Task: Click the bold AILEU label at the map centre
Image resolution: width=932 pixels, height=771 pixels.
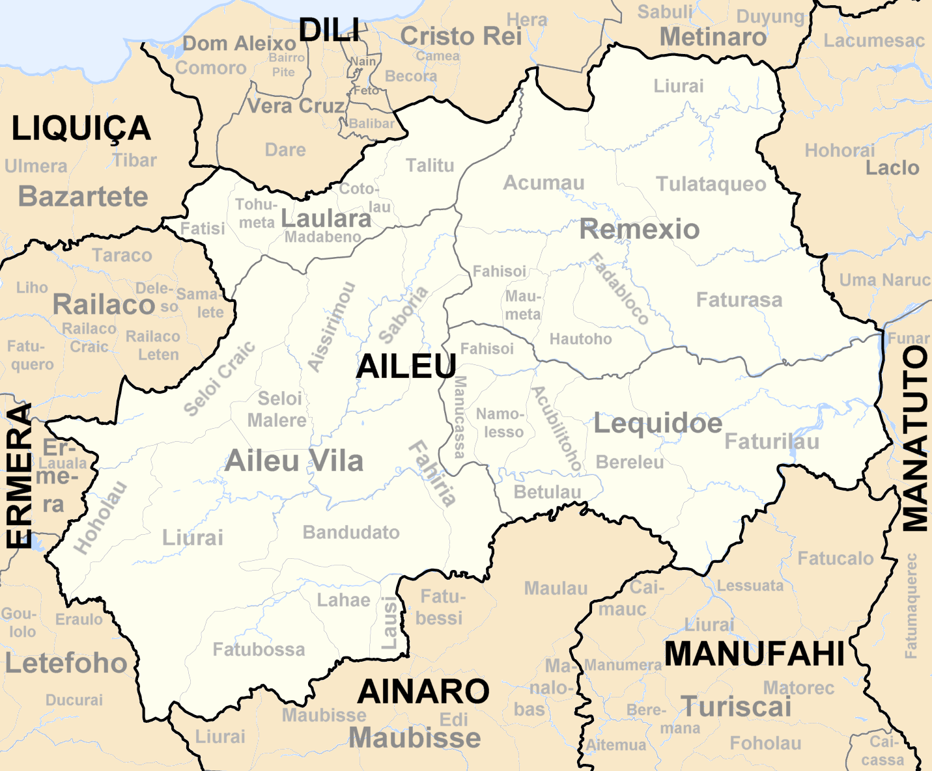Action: pyautogui.click(x=406, y=367)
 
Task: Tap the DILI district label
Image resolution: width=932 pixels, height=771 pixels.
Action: pyautogui.click(x=329, y=31)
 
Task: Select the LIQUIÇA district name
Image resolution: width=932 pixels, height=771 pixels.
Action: pyautogui.click(x=81, y=129)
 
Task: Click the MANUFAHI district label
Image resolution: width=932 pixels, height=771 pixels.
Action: pyautogui.click(x=754, y=653)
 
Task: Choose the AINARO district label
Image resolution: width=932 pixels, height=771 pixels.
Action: pyautogui.click(x=423, y=691)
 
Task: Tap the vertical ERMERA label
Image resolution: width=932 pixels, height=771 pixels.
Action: pyautogui.click(x=19, y=475)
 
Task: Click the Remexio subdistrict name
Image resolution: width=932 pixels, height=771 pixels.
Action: pyautogui.click(x=640, y=229)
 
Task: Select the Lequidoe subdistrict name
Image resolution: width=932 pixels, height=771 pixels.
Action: pyautogui.click(x=658, y=424)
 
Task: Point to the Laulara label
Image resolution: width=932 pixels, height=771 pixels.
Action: pyautogui.click(x=326, y=219)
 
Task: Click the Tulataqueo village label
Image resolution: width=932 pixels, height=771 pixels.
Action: pyautogui.click(x=711, y=184)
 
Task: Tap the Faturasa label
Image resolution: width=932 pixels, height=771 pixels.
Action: pyautogui.click(x=739, y=300)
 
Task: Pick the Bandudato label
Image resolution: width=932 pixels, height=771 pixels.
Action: pyautogui.click(x=351, y=532)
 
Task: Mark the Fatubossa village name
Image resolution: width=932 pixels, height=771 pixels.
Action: pyautogui.click(x=259, y=649)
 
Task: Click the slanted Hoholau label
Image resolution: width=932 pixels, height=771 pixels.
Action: pyautogui.click(x=100, y=518)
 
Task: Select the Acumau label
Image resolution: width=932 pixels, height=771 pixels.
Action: pyautogui.click(x=544, y=183)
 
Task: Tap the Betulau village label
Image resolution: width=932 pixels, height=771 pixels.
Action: pyautogui.click(x=547, y=492)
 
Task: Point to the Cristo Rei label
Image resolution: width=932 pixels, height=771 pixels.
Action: pyautogui.click(x=461, y=36)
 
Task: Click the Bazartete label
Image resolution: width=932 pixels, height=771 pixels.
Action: pyautogui.click(x=83, y=196)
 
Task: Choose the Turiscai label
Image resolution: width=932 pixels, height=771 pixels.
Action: pyautogui.click(x=736, y=707)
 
